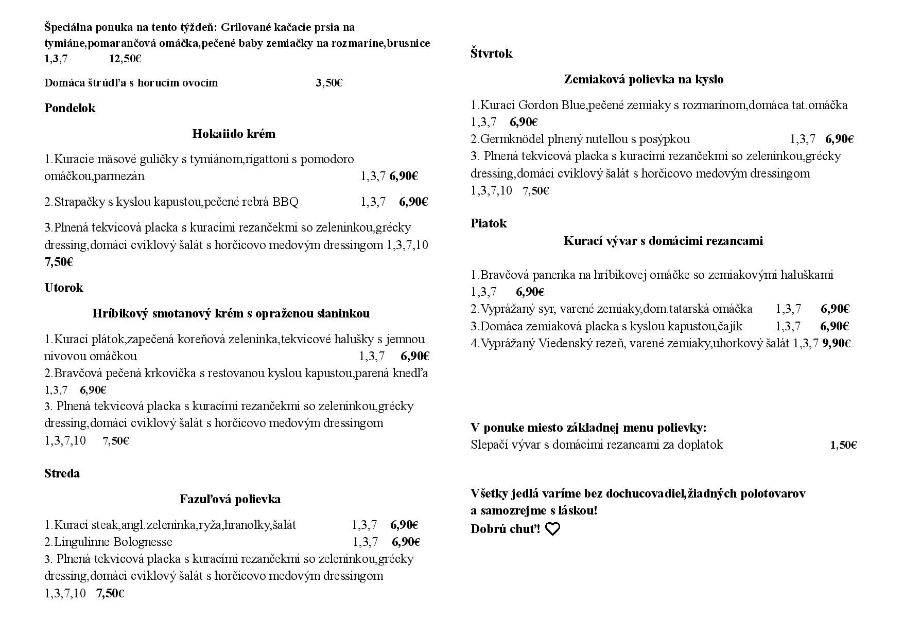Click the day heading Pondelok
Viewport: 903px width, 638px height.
tap(70, 108)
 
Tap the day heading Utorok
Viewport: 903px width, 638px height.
tap(63, 288)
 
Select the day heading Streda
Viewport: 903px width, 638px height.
tap(62, 473)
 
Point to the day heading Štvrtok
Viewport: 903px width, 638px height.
tap(491, 54)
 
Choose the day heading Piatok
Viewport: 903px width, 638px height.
tap(489, 223)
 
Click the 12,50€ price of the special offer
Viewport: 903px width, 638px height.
tap(125, 59)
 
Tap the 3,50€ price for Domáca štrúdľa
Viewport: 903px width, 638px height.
tap(329, 83)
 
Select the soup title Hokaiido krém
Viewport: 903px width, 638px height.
tap(234, 134)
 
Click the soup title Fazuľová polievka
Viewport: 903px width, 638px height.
tap(230, 499)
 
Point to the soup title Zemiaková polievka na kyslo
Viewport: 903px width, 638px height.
tap(644, 79)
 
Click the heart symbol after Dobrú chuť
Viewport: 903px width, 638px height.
tap(552, 529)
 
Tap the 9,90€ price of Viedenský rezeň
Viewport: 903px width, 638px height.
tap(836, 343)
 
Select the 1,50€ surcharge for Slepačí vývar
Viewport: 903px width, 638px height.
tap(843, 445)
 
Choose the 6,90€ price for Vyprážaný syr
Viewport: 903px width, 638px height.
tap(835, 309)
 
